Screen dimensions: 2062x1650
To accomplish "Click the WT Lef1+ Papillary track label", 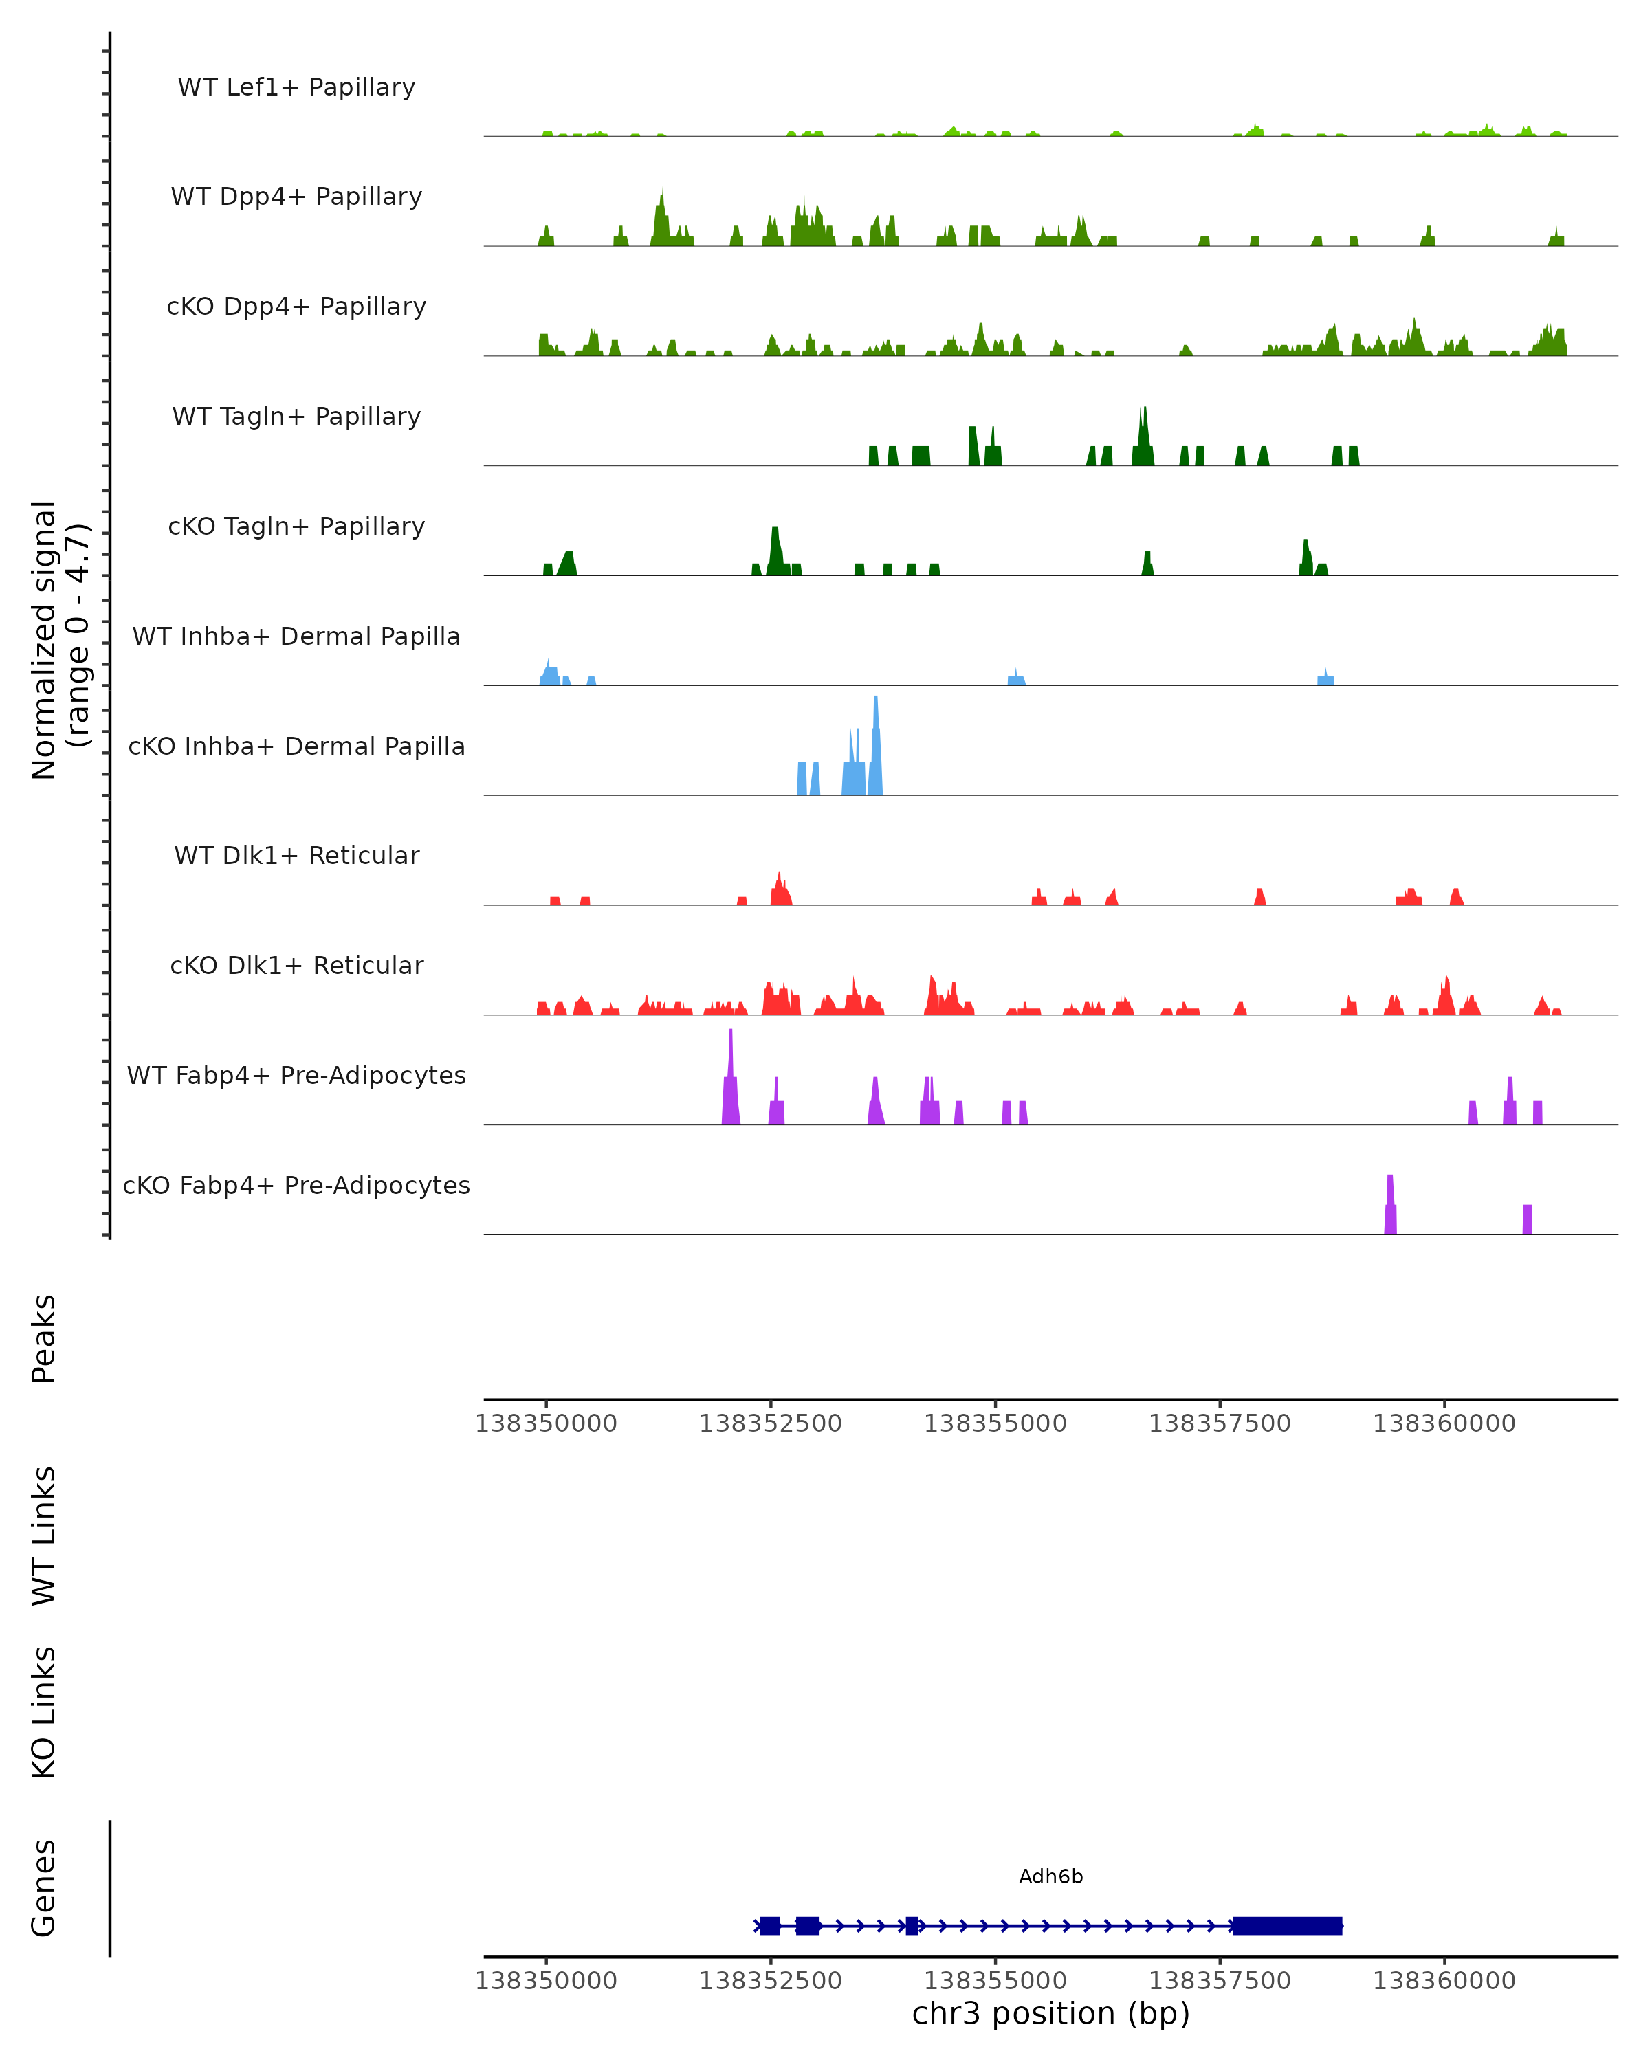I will pyautogui.click(x=296, y=87).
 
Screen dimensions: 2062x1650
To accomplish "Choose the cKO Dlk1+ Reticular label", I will pyautogui.click(x=296, y=965).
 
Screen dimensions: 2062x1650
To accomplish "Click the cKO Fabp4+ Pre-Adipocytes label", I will pyautogui.click(x=296, y=1185).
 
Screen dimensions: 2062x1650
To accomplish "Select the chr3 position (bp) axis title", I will pyautogui.click(x=1050, y=2013).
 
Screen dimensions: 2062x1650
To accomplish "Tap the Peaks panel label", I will pyautogui.click(x=44, y=1338).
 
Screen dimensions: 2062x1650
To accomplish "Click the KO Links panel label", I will pyautogui.click(x=44, y=1712).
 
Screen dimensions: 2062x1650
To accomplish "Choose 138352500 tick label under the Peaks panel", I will pyautogui.click(x=770, y=1423).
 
